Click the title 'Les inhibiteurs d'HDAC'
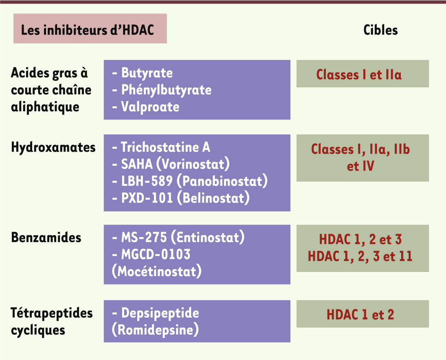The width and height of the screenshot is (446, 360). (88, 30)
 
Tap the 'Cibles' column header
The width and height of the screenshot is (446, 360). (380, 30)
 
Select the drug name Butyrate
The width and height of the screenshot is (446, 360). (147, 73)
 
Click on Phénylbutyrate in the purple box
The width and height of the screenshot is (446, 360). (167, 90)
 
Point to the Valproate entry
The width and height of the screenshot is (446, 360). (150, 107)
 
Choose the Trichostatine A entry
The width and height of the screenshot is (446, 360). (165, 147)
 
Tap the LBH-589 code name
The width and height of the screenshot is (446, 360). (147, 181)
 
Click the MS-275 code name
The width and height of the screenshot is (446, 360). (144, 237)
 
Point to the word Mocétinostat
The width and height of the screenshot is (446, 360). (157, 271)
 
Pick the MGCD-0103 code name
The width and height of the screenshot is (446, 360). (156, 254)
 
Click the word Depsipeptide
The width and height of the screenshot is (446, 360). (160, 314)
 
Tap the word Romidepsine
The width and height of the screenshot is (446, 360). (155, 330)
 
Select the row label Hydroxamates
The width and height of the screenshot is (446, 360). (53, 148)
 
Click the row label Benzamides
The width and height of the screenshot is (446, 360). (46, 238)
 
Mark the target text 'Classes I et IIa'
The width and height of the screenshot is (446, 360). (359, 75)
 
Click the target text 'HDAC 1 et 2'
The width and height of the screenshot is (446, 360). (360, 315)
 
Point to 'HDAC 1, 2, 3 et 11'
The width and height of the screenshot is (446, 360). (360, 256)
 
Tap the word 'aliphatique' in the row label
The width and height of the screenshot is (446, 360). (45, 107)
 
